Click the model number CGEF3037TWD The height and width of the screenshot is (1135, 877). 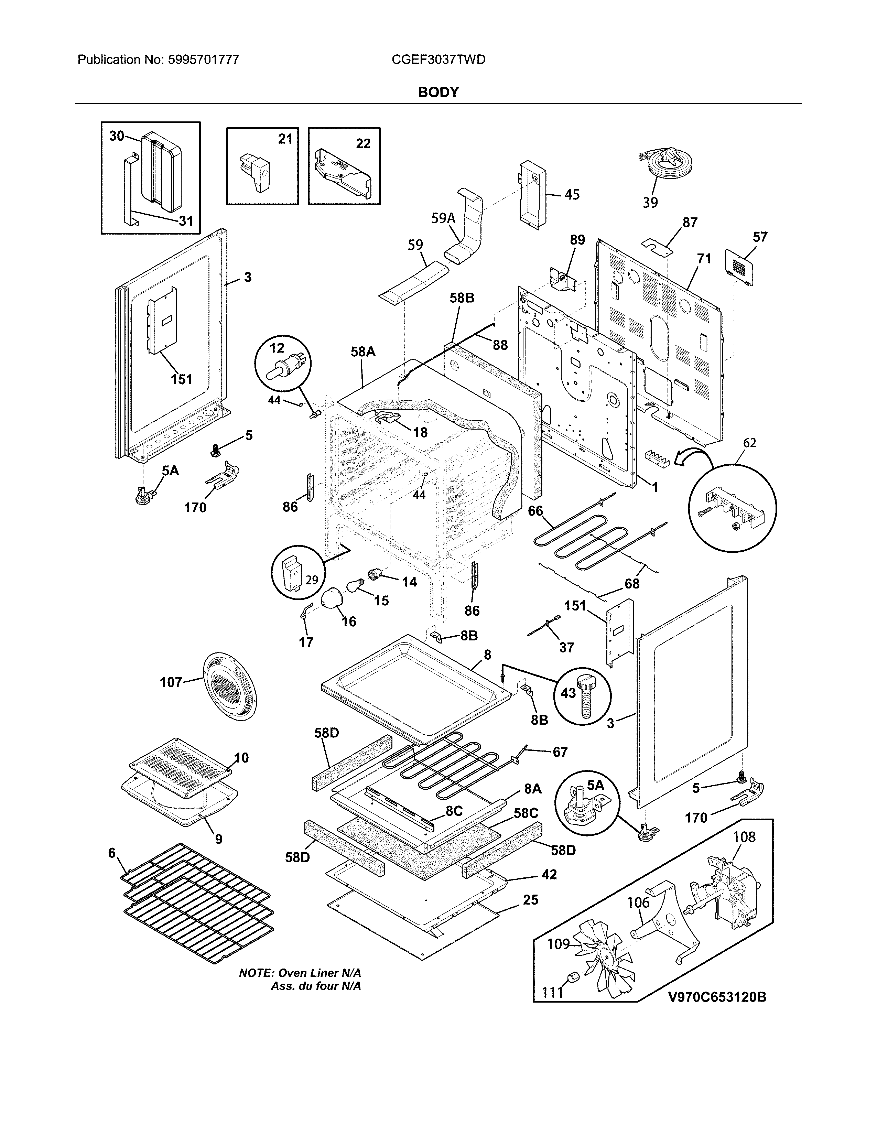[x=438, y=60]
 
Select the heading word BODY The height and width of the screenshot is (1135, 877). [x=438, y=93]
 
